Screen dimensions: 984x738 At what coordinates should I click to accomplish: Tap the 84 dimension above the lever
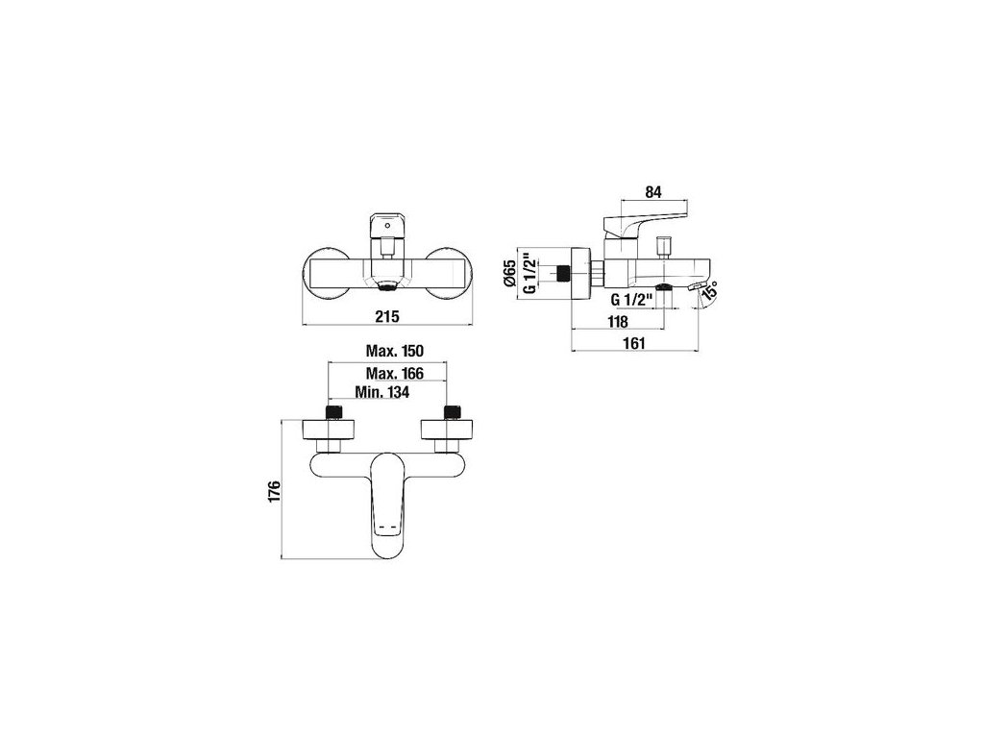click(652, 190)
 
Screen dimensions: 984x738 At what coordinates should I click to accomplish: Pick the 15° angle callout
click(708, 293)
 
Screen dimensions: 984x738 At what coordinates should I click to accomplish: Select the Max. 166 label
click(395, 373)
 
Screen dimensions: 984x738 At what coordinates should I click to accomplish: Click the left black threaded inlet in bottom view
click(334, 412)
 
